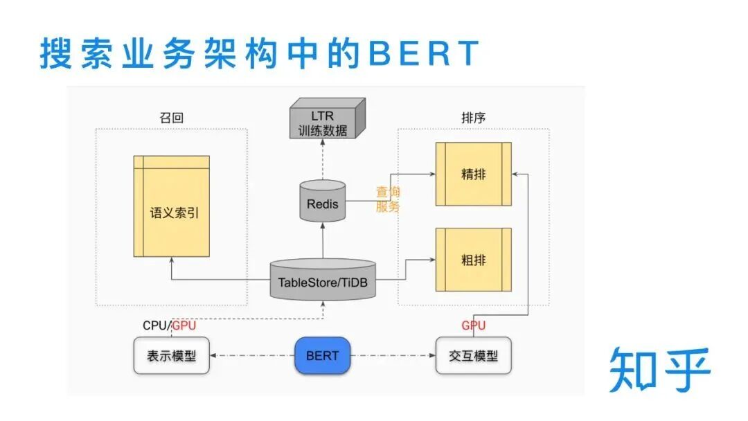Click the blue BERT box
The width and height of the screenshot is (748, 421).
click(322, 356)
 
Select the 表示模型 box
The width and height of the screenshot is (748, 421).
click(171, 356)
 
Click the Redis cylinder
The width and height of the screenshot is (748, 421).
click(323, 201)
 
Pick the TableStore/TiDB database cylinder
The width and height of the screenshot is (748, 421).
click(323, 280)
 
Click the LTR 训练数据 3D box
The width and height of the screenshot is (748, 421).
click(326, 121)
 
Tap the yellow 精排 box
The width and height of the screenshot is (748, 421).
click(474, 174)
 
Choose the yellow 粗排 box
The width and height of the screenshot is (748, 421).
click(474, 260)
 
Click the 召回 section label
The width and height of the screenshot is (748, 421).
click(171, 118)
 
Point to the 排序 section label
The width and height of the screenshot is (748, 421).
click(473, 118)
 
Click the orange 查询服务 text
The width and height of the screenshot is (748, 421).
click(388, 199)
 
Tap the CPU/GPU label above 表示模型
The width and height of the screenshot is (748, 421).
click(169, 325)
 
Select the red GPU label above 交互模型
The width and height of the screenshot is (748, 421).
click(474, 325)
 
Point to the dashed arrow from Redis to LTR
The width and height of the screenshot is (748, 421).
click(323, 161)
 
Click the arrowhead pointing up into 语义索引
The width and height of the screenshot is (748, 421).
click(172, 260)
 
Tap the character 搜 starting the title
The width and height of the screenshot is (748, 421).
click(55, 53)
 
